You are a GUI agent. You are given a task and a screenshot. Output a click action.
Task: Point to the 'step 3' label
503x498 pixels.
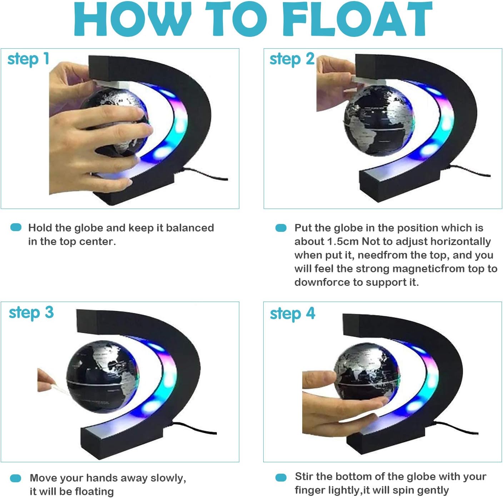coord(31,313)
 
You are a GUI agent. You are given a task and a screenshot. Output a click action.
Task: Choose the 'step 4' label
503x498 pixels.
coord(293,314)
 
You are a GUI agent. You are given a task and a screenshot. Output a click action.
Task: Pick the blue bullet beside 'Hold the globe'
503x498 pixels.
coord(16,227)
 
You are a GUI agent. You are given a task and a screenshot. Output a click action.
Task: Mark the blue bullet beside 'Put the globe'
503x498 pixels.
coord(281,228)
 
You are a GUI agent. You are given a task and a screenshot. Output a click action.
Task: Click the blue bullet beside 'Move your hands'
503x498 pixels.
coord(15,478)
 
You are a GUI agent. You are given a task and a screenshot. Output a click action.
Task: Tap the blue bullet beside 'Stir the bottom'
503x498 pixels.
coord(281,477)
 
